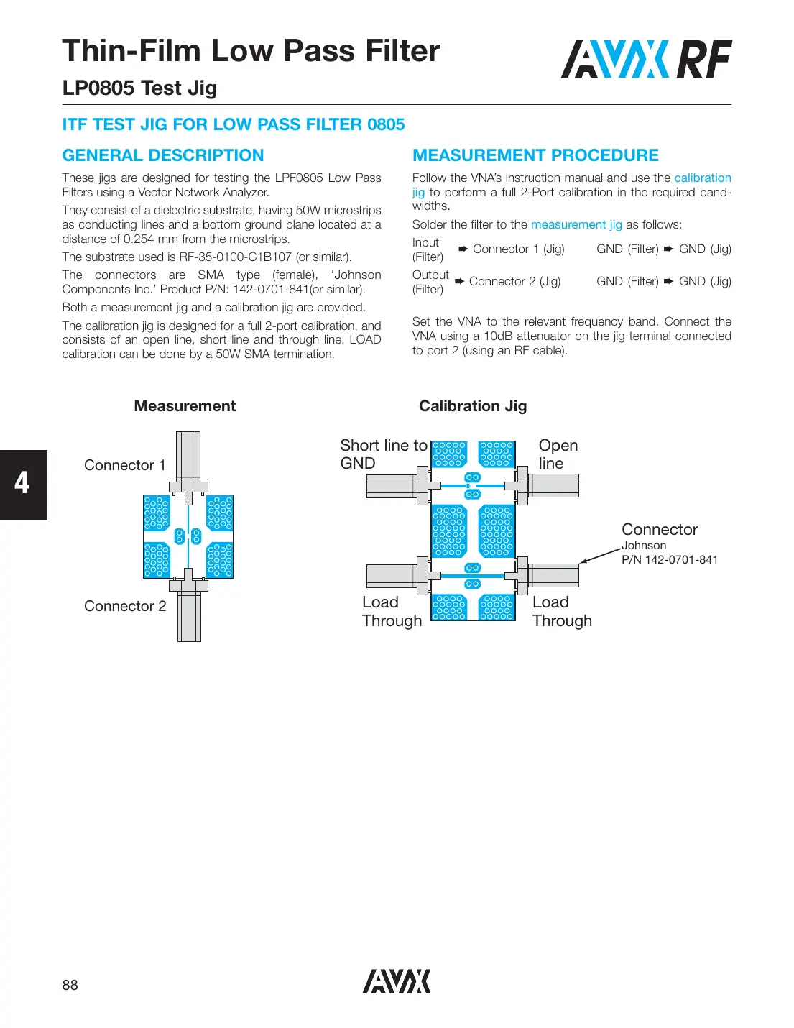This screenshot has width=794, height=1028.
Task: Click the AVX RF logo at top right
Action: click(646, 59)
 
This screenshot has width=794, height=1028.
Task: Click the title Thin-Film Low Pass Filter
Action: click(251, 51)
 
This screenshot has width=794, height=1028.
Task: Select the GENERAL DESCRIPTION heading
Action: click(163, 155)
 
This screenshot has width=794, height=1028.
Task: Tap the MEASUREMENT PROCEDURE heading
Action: click(535, 155)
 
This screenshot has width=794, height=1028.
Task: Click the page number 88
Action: click(70, 985)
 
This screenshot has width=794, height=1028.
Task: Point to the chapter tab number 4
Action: click(22, 484)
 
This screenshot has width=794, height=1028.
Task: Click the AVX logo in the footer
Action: click(397, 981)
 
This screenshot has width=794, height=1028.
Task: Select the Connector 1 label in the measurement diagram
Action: click(124, 465)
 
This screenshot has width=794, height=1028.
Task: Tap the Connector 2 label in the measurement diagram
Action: click(125, 606)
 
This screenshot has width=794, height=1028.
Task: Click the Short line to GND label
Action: click(383, 454)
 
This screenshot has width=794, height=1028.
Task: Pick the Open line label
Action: click(558, 454)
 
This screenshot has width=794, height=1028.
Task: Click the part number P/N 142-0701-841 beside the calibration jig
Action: click(670, 560)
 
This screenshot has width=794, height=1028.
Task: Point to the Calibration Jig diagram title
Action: click(473, 406)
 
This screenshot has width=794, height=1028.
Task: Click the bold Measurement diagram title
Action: click(185, 406)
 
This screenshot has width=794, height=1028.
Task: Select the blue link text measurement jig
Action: click(576, 224)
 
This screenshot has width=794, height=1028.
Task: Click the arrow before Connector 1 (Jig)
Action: click(463, 249)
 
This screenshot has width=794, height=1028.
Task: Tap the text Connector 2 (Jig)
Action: click(514, 281)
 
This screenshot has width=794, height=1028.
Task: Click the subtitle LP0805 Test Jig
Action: click(139, 88)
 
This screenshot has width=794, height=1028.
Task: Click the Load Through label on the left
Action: click(392, 612)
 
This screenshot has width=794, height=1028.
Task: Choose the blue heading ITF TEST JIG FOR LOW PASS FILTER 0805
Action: click(234, 124)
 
